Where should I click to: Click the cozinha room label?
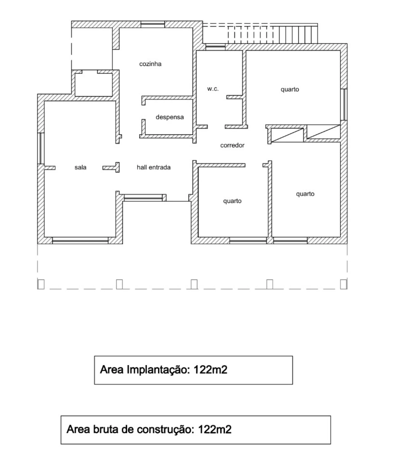click(150, 64)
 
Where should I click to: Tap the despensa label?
click(170, 117)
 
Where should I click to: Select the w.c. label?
click(213, 89)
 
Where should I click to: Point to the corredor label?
click(232, 145)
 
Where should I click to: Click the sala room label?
click(80, 167)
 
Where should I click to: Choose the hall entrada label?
click(153, 167)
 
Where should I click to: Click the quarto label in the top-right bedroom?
click(289, 90)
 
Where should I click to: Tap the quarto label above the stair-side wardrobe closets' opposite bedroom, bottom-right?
click(305, 194)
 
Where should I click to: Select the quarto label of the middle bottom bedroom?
click(232, 201)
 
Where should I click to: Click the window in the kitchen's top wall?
click(153, 24)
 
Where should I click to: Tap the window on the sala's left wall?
click(41, 148)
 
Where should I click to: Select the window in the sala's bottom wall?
click(80, 240)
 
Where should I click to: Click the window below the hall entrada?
click(143, 198)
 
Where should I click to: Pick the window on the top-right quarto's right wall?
click(344, 105)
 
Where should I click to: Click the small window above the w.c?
click(215, 47)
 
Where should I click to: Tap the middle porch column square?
click(194, 284)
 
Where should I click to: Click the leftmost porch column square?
click(41, 284)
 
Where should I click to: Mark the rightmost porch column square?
click(343, 284)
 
